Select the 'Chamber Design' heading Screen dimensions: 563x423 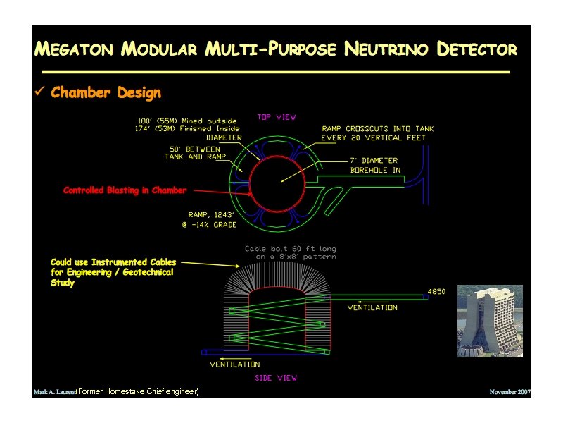pos(106,93)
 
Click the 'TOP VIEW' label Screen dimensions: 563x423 pos(277,117)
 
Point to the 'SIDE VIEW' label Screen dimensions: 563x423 pos(276,378)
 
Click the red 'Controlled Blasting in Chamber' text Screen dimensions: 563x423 pos(125,190)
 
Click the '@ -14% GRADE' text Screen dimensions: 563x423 pos(209,225)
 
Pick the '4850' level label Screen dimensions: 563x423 pos(436,292)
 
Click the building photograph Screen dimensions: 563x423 pos(490,321)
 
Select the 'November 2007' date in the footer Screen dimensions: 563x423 pos(510,391)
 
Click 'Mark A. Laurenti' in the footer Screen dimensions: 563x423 pos(54,391)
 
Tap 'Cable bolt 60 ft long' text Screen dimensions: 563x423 pos(291,248)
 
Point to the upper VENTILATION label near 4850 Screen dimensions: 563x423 pos(372,307)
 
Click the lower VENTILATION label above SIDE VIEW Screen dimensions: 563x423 pos(234,364)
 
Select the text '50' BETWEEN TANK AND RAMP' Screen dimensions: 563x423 pos(195,153)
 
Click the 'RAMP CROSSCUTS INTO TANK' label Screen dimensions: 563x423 pos(377,129)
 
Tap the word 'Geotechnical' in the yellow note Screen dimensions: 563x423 pos(147,272)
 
